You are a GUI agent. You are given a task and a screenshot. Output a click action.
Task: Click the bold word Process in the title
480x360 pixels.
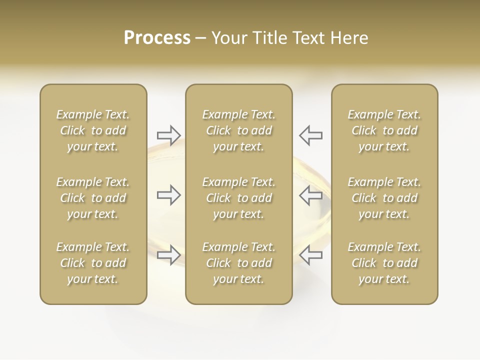click(157, 38)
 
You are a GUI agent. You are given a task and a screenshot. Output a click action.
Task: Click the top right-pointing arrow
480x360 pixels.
click(169, 135)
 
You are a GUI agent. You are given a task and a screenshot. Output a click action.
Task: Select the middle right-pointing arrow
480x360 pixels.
click(169, 195)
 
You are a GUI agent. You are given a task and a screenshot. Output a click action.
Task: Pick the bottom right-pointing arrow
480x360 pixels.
click(169, 255)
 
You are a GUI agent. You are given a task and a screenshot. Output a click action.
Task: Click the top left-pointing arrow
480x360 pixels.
click(311, 135)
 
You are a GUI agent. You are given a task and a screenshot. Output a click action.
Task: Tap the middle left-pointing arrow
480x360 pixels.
click(311, 195)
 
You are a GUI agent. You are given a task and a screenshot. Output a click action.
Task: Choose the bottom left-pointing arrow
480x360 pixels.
click(311, 255)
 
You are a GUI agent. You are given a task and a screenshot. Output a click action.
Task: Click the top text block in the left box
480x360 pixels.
click(93, 130)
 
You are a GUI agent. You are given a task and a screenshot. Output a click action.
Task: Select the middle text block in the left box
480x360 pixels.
click(93, 198)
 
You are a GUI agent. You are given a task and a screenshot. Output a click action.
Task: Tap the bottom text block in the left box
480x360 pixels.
click(93, 263)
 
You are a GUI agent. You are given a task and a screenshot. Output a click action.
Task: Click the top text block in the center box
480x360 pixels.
click(239, 130)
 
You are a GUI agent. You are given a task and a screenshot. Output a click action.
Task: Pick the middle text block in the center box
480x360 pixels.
click(239, 198)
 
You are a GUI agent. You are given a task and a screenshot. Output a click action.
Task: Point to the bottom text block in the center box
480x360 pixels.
click(239, 263)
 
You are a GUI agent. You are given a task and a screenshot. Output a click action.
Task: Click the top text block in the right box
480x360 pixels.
click(384, 130)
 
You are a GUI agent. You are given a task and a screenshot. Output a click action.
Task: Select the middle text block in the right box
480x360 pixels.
click(384, 198)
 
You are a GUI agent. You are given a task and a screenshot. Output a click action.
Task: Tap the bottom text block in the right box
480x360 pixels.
click(384, 263)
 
